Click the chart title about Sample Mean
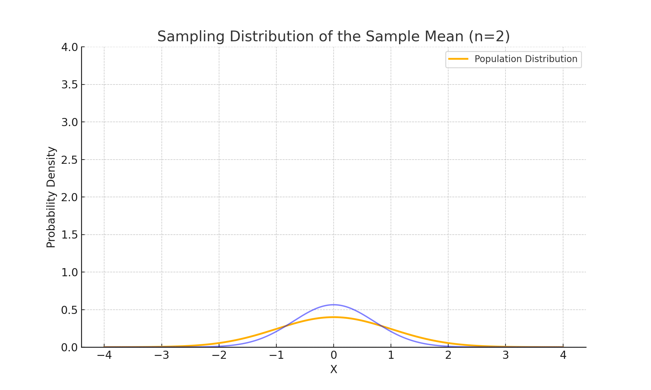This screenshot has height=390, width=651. click(x=333, y=36)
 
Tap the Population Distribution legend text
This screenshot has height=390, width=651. click(x=526, y=59)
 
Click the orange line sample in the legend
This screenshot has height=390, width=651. click(x=458, y=59)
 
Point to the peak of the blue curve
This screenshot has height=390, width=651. click(x=333, y=305)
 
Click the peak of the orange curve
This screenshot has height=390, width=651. click(x=333, y=317)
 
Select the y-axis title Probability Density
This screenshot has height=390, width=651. click(x=51, y=197)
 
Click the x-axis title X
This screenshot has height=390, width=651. click(x=334, y=370)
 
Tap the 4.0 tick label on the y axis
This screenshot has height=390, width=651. click(x=70, y=47)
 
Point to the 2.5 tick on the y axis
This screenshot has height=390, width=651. click(x=70, y=160)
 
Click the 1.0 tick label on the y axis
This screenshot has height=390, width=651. click(x=70, y=272)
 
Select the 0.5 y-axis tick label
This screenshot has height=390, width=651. click(x=70, y=310)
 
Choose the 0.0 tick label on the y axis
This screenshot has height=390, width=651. click(x=70, y=347)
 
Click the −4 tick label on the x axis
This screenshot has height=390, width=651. click(x=104, y=356)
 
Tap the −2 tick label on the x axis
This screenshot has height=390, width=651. click(x=219, y=356)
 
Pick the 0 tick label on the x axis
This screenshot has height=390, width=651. click(x=334, y=356)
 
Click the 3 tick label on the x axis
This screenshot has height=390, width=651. click(x=506, y=356)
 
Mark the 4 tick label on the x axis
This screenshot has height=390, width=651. click(x=563, y=356)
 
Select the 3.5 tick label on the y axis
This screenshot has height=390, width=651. click(x=70, y=85)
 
